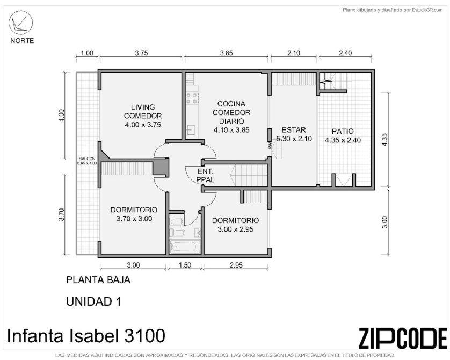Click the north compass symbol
click(x=20, y=23)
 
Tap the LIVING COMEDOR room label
click(x=143, y=116)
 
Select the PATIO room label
click(x=343, y=135)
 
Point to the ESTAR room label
click(x=294, y=134)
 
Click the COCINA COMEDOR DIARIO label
click(x=231, y=117)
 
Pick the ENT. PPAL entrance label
click(x=206, y=176)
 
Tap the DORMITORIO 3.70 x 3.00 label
click(x=134, y=214)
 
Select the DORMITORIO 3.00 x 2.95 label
click(x=235, y=225)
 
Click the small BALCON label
click(x=87, y=161)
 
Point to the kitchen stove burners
click(x=192, y=98)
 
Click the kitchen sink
click(x=191, y=129)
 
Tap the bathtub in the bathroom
click(x=185, y=247)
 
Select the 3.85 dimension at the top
click(x=227, y=53)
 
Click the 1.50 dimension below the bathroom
click(x=185, y=265)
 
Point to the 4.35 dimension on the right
click(x=385, y=140)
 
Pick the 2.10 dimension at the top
click(x=294, y=53)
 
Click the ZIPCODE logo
click(x=403, y=338)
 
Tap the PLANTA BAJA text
click(x=98, y=280)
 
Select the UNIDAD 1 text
click(x=93, y=302)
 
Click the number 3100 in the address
click(x=144, y=336)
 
